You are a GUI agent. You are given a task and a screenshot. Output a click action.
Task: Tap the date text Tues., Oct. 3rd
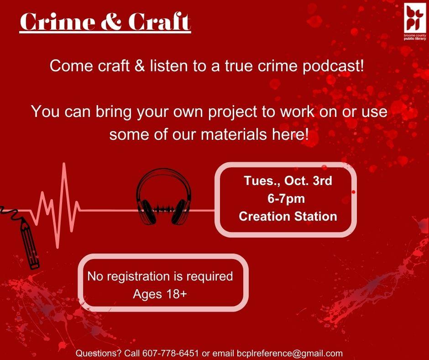[288, 181]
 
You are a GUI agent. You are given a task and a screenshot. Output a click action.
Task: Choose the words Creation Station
[288, 216]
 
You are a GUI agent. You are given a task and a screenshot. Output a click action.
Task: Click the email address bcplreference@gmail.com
[289, 353]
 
